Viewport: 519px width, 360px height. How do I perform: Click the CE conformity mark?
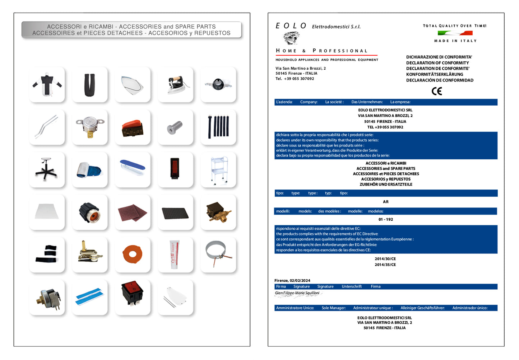click(x=436, y=91)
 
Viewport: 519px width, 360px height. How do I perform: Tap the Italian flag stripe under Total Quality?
click(x=455, y=33)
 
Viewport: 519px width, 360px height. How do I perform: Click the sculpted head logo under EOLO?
click(x=291, y=38)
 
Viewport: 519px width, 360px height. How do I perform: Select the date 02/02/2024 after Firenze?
click(x=300, y=281)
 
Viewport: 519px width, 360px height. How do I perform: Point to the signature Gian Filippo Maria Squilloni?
click(x=297, y=293)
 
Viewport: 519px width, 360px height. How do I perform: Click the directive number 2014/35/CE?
click(x=385, y=265)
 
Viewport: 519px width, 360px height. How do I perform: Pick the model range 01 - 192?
click(x=385, y=220)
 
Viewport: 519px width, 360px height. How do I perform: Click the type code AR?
click(x=385, y=202)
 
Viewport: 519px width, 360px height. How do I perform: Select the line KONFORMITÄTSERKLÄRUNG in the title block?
click(x=434, y=75)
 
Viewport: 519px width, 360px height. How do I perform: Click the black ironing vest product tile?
click(x=47, y=84)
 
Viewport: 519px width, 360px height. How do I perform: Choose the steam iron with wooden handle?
click(x=175, y=84)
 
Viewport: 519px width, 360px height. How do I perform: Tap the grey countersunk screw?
click(x=175, y=127)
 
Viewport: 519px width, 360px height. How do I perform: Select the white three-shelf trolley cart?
click(x=218, y=169)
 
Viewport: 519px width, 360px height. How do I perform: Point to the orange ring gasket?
click(x=132, y=254)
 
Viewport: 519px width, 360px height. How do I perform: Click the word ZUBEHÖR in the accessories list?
click(x=368, y=184)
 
